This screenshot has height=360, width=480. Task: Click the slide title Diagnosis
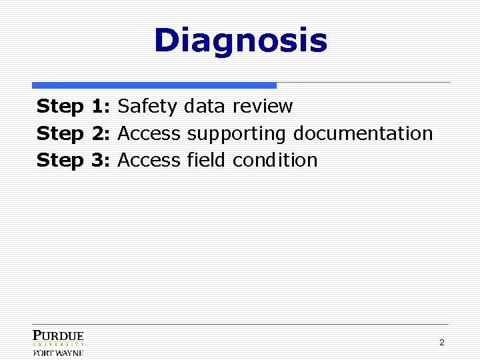(x=241, y=41)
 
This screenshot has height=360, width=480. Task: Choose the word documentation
(x=363, y=133)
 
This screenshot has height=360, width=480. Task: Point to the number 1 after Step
(x=97, y=107)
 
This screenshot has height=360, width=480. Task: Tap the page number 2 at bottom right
(x=441, y=343)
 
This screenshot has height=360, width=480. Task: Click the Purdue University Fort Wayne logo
(x=59, y=343)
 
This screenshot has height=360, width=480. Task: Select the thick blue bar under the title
(x=154, y=85)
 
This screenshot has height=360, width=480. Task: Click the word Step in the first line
(x=60, y=107)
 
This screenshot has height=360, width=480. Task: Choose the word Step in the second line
(x=60, y=133)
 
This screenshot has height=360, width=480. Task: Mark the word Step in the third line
(x=60, y=160)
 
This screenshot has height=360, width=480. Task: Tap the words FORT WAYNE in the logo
(x=59, y=353)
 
